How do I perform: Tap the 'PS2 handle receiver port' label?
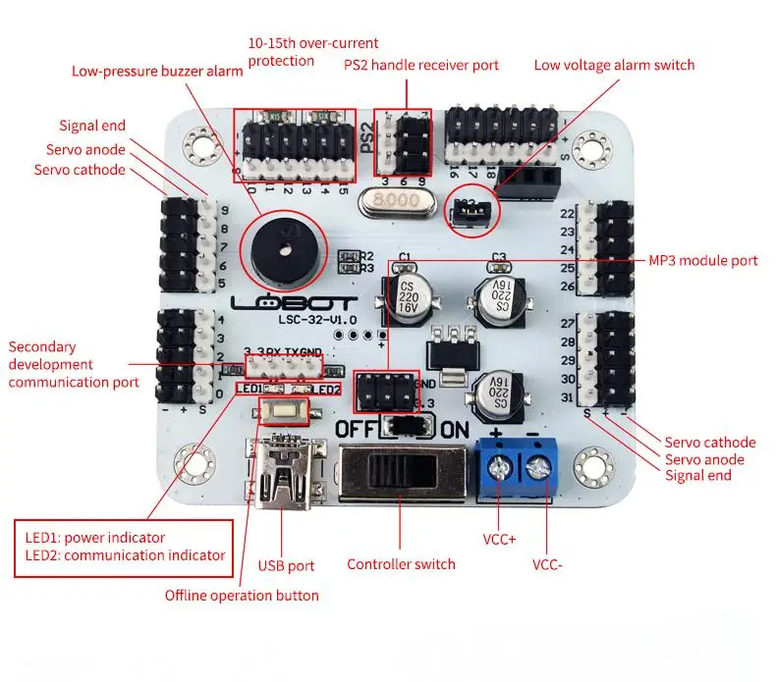[x=420, y=65]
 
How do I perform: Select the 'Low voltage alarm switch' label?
[x=614, y=65]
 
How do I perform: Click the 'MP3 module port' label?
[x=703, y=260]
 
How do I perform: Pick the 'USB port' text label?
[x=286, y=565]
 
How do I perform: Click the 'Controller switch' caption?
[x=401, y=564]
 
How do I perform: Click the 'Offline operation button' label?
[x=242, y=595]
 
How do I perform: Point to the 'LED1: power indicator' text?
[x=95, y=537]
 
